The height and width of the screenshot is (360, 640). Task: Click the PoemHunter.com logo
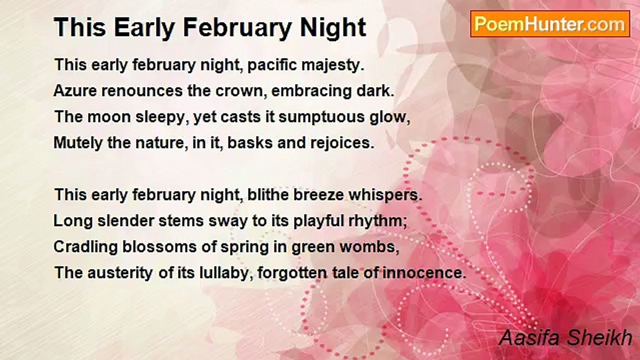[x=550, y=24]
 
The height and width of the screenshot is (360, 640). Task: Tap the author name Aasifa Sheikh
[x=565, y=337]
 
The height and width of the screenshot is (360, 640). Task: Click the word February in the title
[x=237, y=28]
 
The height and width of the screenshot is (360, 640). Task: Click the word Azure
[x=75, y=91]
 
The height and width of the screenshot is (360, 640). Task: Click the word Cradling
[x=85, y=247]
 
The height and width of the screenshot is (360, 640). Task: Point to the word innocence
[x=424, y=273]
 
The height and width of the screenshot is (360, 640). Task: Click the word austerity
[x=120, y=273]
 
